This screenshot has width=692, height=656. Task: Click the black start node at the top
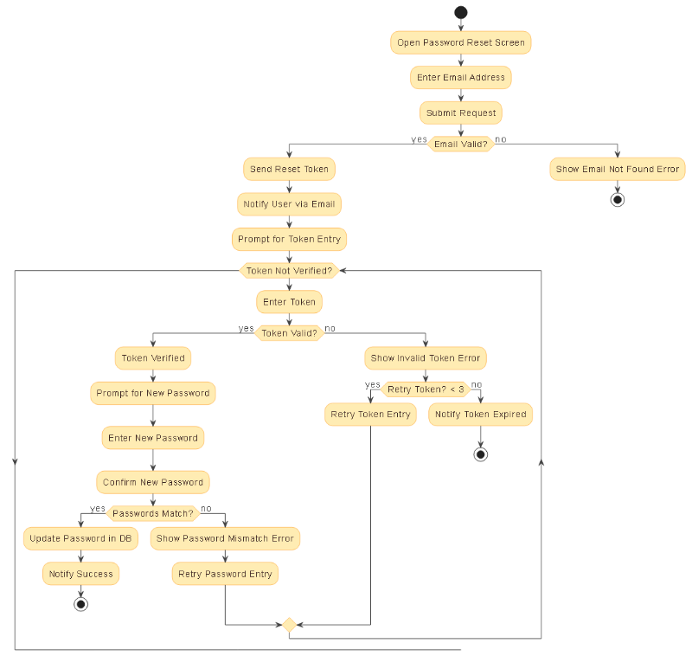pyautogui.click(x=460, y=12)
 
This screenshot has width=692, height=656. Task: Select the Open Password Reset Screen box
pyautogui.click(x=460, y=42)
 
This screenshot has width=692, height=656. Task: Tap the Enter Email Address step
pyautogui.click(x=460, y=78)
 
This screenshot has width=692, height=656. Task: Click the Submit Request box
pyautogui.click(x=460, y=113)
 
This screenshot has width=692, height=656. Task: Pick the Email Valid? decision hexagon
pyautogui.click(x=460, y=144)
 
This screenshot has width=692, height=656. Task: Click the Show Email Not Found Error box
pyautogui.click(x=617, y=169)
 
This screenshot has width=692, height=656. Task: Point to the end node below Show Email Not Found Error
pyautogui.click(x=617, y=199)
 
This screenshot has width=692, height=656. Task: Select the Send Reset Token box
pyautogui.click(x=289, y=169)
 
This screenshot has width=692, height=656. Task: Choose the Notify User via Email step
pyautogui.click(x=289, y=204)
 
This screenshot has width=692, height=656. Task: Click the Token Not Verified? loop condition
pyautogui.click(x=289, y=271)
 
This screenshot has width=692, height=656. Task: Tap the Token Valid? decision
pyautogui.click(x=289, y=332)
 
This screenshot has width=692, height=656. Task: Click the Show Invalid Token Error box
pyautogui.click(x=425, y=357)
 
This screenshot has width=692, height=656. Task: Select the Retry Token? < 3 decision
pyautogui.click(x=425, y=389)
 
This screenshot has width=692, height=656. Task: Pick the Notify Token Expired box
pyautogui.click(x=480, y=415)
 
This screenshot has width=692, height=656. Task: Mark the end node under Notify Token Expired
pyautogui.click(x=480, y=454)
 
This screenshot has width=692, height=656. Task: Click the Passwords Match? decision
pyautogui.click(x=153, y=513)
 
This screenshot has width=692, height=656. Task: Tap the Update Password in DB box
pyautogui.click(x=80, y=538)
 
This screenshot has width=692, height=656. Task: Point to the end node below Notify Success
pyautogui.click(x=80, y=604)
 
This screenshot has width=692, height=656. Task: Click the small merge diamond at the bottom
pyautogui.click(x=289, y=624)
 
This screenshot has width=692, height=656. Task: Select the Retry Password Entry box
pyautogui.click(x=225, y=574)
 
